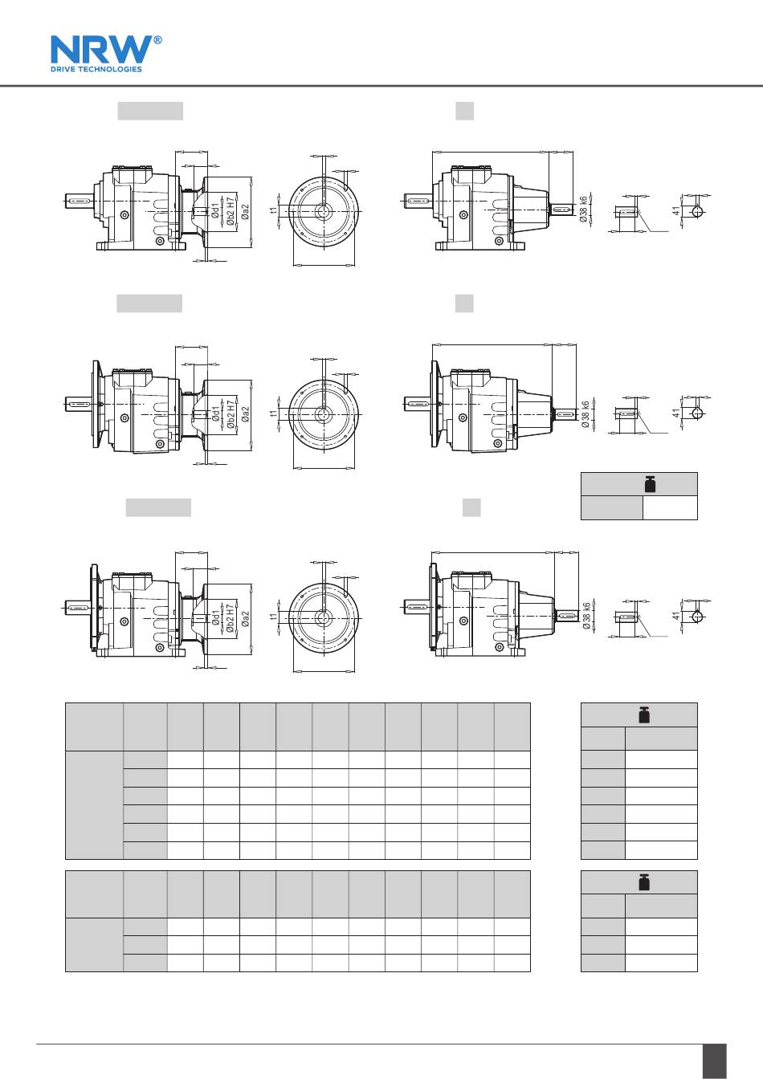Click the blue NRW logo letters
101,49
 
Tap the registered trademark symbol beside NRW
157,40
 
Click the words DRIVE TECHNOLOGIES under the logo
96,69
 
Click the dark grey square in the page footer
714,1061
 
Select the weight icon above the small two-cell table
651,484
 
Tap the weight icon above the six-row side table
644,715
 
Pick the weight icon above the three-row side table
644,882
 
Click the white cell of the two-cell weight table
670,507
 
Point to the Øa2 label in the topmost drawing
245,212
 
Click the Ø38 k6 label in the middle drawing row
586,414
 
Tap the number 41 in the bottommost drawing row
676,616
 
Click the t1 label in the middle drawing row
273,413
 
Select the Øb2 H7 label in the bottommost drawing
230,618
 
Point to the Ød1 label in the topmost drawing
215,210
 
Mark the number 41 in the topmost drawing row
676,211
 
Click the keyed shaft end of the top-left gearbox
78,201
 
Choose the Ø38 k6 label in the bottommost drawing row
586,616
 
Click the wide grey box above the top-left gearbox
150,111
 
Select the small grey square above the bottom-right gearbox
471,507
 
